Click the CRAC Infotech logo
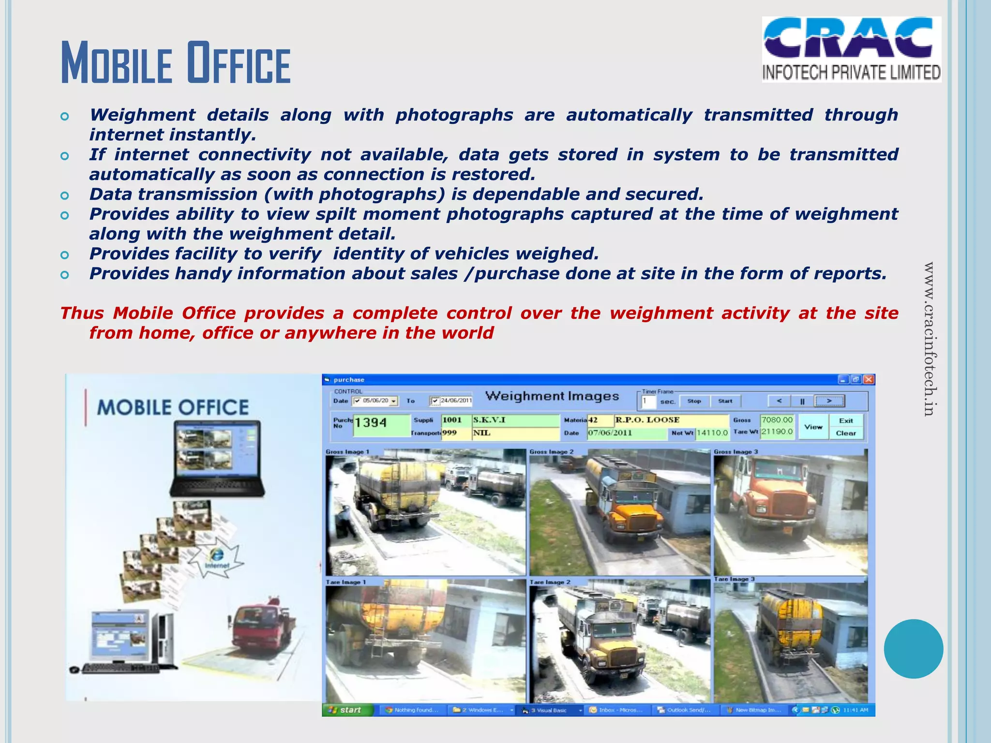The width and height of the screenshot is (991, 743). click(x=851, y=49)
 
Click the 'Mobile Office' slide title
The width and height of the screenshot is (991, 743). click(x=175, y=63)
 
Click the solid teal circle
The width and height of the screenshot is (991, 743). click(x=913, y=649)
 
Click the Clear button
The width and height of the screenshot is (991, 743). click(x=845, y=433)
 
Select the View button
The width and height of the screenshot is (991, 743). click(x=813, y=427)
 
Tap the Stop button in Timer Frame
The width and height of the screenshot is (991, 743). click(x=694, y=401)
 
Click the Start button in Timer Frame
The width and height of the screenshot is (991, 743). click(x=725, y=401)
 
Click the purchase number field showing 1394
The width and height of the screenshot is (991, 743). click(x=381, y=424)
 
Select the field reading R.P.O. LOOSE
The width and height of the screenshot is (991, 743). click(x=671, y=420)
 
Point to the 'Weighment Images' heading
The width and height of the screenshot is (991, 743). click(x=552, y=396)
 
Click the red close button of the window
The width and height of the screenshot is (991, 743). click(x=869, y=380)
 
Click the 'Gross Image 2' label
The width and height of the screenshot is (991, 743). click(x=551, y=452)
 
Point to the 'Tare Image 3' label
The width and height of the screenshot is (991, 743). click(x=734, y=579)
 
